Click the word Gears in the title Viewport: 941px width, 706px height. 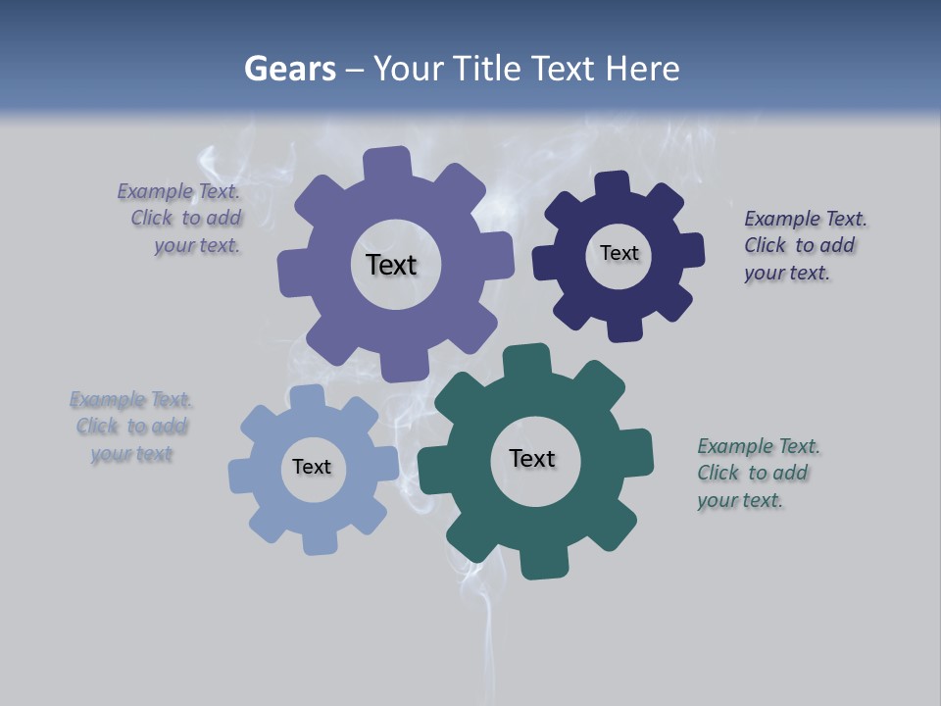coord(289,69)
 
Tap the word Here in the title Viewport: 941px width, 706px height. coord(642,69)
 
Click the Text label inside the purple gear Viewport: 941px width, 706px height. coord(391,265)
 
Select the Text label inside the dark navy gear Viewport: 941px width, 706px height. coord(619,253)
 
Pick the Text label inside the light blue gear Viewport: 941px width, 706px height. coord(312,467)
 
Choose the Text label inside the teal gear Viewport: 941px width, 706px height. coord(532,458)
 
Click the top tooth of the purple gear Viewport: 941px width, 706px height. coord(389,163)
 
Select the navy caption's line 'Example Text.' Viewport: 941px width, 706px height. coord(806,219)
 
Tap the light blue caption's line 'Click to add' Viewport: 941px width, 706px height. coord(131,427)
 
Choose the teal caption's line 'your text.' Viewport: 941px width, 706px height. coord(740,500)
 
